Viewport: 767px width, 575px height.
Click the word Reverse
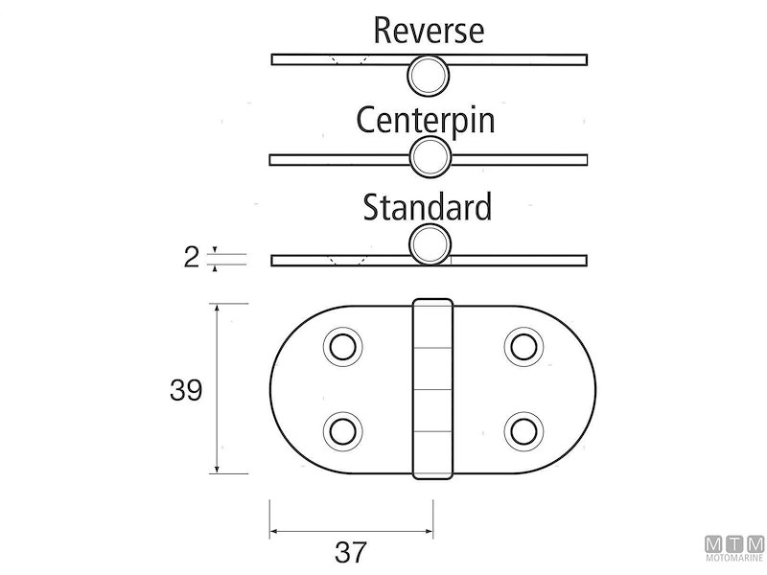[429, 31]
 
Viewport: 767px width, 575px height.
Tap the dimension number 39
[185, 391]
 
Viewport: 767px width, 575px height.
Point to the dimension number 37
[352, 552]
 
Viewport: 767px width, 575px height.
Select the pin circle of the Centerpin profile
[429, 157]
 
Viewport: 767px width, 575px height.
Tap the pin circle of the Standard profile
[429, 243]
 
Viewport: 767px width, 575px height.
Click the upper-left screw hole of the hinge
[341, 346]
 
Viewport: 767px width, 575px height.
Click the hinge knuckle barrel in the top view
[431, 388]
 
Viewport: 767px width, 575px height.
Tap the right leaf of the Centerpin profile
[518, 157]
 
